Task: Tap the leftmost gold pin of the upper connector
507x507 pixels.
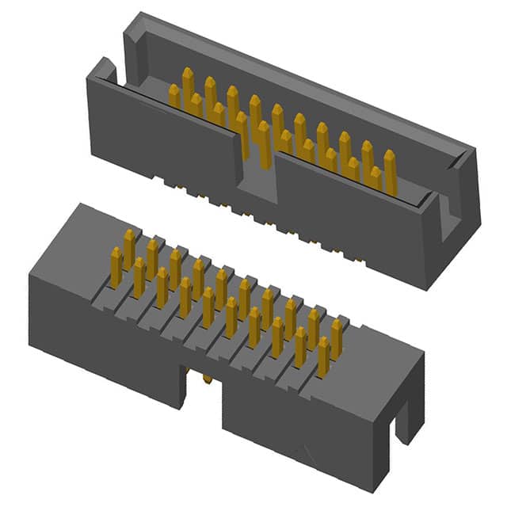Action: coord(173,96)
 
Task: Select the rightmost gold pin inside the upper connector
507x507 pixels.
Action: coord(390,170)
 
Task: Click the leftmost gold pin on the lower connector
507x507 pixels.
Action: coord(116,266)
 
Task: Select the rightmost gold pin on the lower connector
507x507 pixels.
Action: coord(324,356)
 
